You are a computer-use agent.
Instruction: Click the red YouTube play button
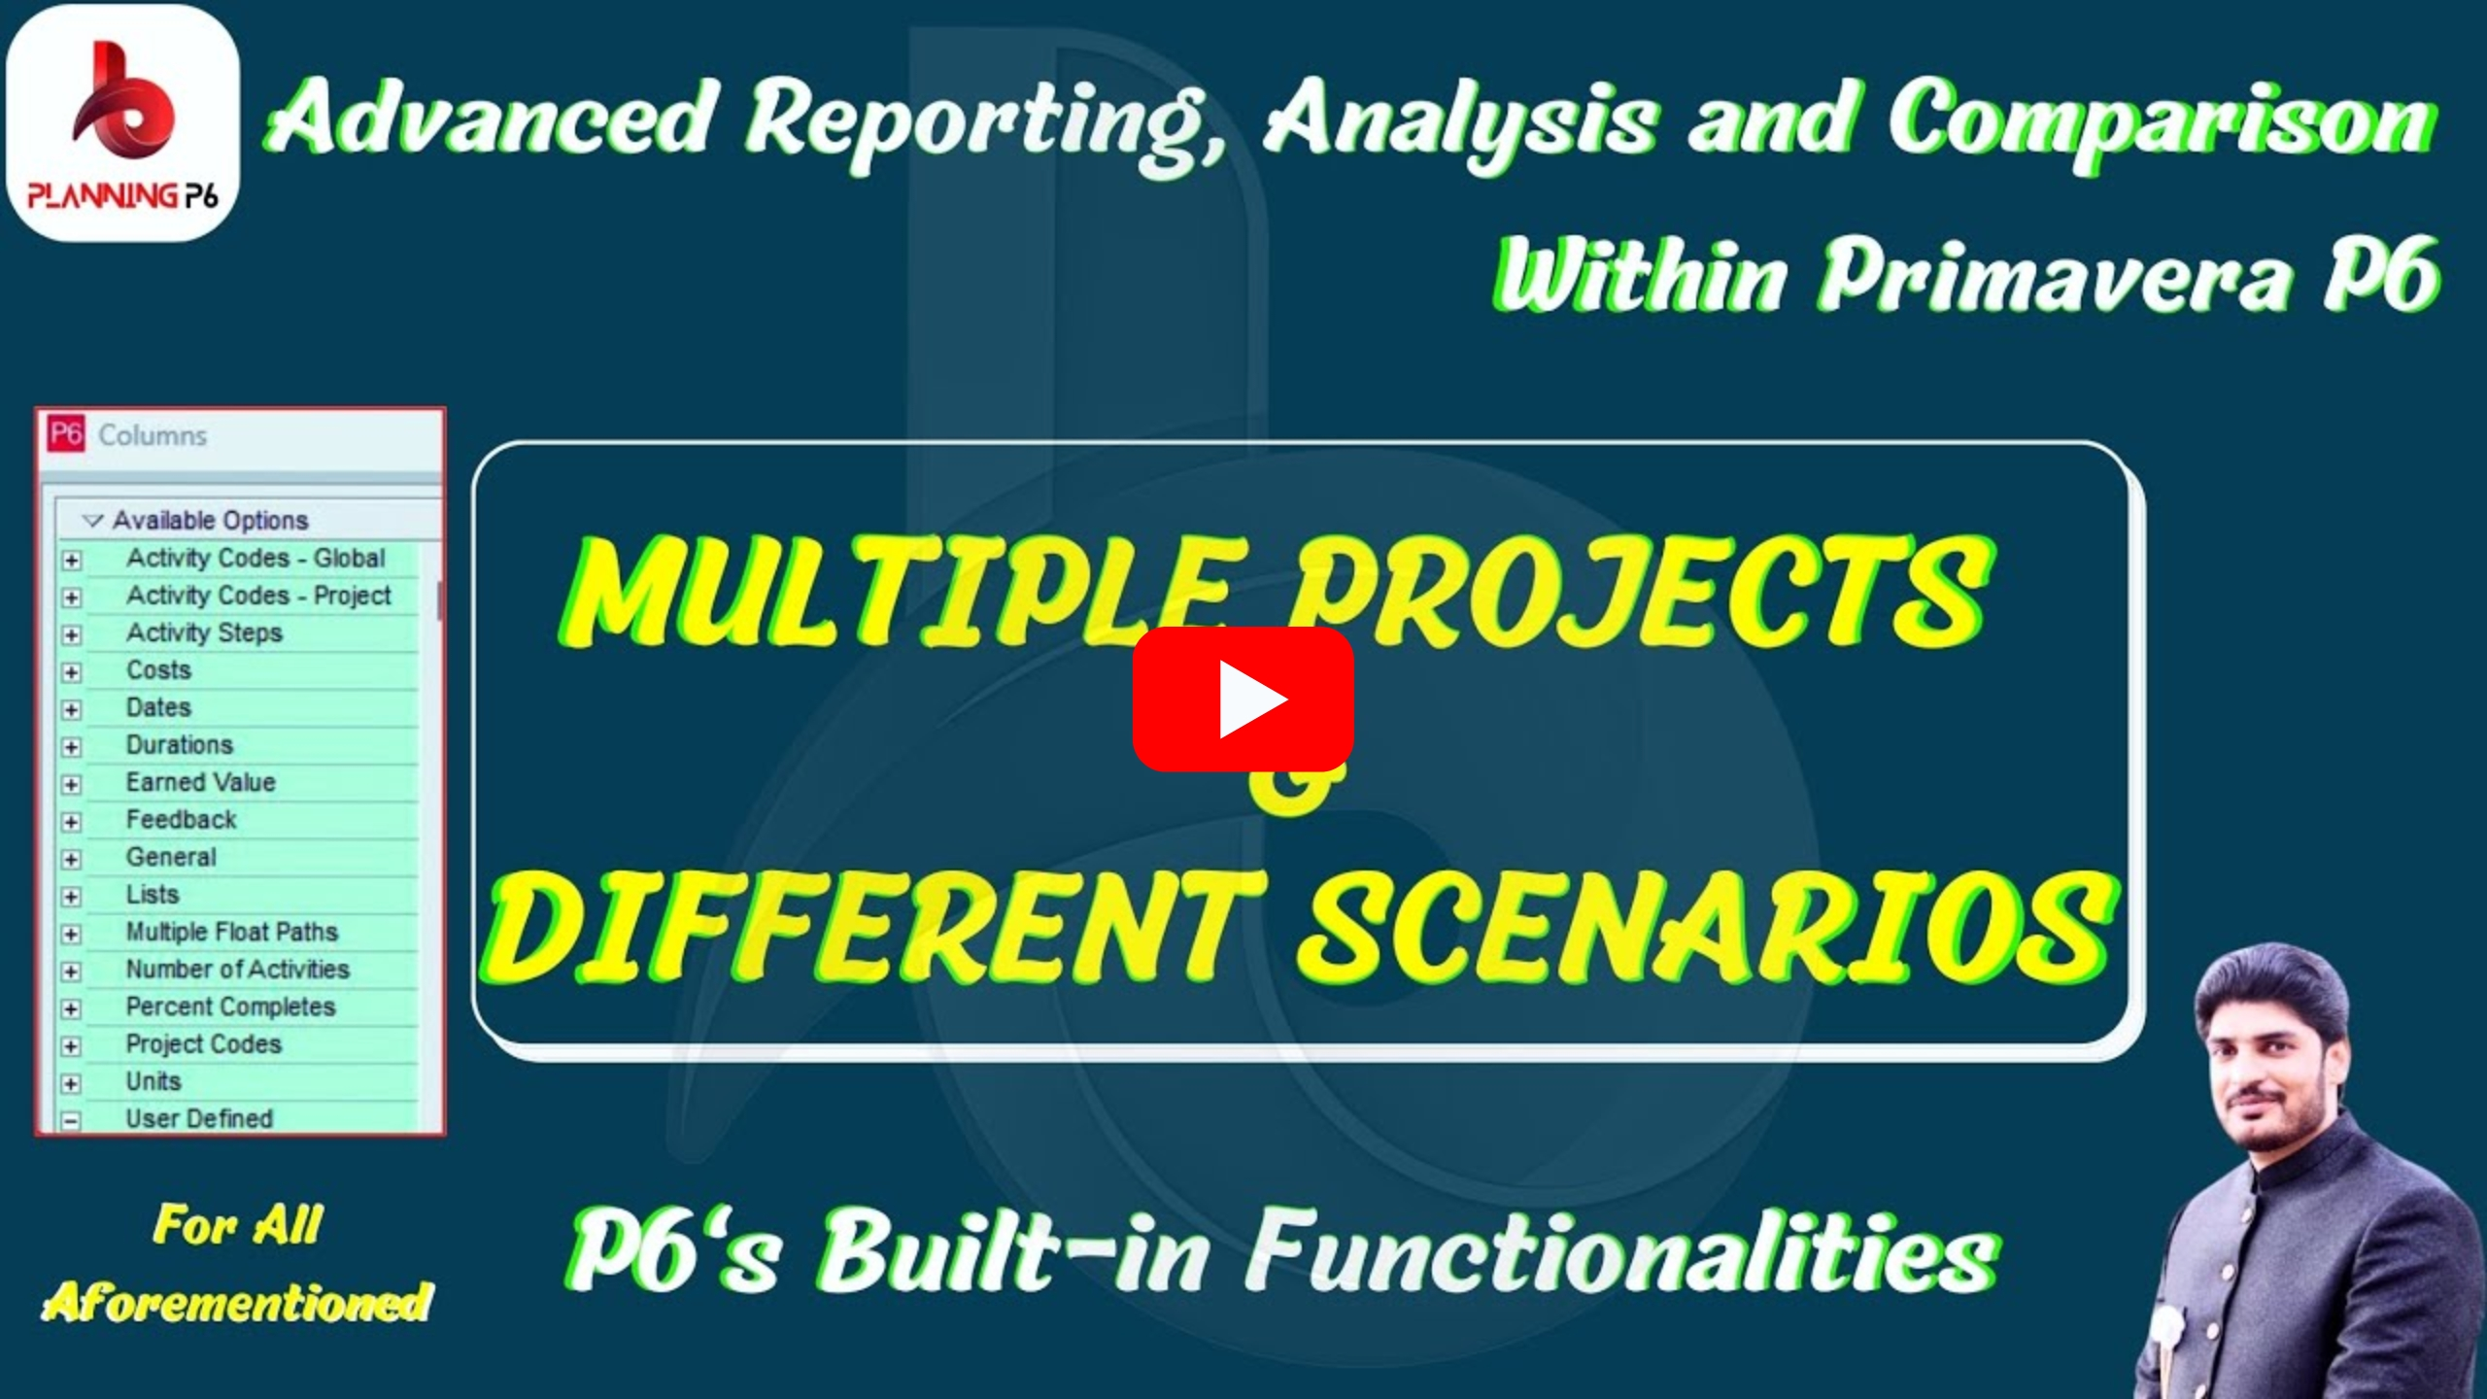pos(1243,699)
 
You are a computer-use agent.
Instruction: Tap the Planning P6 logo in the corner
pos(122,123)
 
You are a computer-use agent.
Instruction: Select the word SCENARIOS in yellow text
pos(1707,927)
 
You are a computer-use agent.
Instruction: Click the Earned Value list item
pos(201,782)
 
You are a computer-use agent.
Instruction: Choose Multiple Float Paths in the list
pos(232,932)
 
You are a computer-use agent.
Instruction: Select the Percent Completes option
pos(231,1007)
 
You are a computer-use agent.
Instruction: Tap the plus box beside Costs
pos(71,672)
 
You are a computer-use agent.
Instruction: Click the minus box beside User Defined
pos(71,1121)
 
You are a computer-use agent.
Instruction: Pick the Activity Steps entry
pos(205,632)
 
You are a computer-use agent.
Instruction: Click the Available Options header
pos(210,520)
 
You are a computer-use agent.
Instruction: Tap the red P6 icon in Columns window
pos(66,434)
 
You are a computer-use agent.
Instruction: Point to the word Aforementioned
pos(238,1302)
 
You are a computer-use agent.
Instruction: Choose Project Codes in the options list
pos(204,1043)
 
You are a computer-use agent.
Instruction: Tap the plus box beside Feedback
pos(71,822)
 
